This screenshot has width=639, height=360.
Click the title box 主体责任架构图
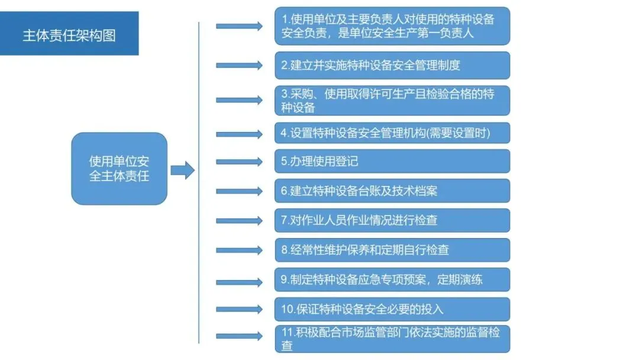click(x=69, y=34)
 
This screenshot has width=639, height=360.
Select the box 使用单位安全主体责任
click(x=119, y=169)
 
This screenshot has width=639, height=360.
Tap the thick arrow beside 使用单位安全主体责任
click(x=182, y=171)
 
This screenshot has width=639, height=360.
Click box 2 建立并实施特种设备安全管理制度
click(x=392, y=65)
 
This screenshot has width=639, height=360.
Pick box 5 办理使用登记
click(x=392, y=161)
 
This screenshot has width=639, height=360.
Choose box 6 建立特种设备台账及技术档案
click(x=392, y=191)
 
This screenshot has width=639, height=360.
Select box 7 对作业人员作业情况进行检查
click(x=392, y=220)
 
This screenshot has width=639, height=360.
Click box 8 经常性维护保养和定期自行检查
click(x=392, y=250)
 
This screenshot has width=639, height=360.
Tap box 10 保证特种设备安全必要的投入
click(x=392, y=309)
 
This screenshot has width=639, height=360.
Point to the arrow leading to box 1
click(x=239, y=26)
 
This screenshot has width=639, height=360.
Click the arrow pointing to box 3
click(x=239, y=100)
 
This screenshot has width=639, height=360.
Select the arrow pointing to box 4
click(x=239, y=134)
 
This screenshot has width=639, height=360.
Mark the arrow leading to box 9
click(x=239, y=279)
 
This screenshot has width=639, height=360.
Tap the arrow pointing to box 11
click(x=239, y=336)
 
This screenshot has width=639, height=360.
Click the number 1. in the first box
click(x=286, y=20)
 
